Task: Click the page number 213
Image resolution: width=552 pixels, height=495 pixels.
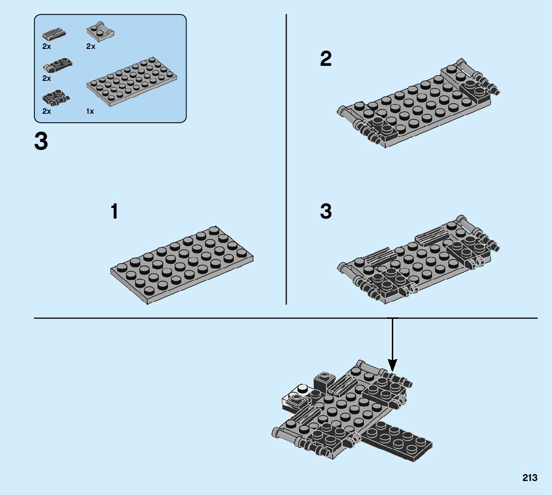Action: (x=530, y=478)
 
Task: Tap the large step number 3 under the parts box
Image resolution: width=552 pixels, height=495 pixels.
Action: (x=41, y=141)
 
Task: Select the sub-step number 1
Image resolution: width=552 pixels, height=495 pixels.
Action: (x=115, y=212)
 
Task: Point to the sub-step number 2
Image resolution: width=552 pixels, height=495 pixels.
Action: (x=325, y=60)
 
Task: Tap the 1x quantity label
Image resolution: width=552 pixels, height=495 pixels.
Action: (x=90, y=112)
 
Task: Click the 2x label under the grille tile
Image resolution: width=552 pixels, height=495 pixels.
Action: (x=46, y=46)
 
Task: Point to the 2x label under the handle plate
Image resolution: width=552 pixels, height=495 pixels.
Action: (x=90, y=46)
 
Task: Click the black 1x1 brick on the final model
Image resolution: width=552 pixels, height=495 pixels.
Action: (x=323, y=382)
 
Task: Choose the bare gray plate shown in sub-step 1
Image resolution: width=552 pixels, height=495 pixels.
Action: (x=182, y=264)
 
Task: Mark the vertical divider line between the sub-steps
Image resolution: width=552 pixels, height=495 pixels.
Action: (x=286, y=160)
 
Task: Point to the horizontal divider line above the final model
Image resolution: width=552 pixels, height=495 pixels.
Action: (x=200, y=317)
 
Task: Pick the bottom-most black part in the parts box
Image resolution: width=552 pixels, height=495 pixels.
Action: (x=56, y=97)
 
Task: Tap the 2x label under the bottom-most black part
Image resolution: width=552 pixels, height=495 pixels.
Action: (x=46, y=112)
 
